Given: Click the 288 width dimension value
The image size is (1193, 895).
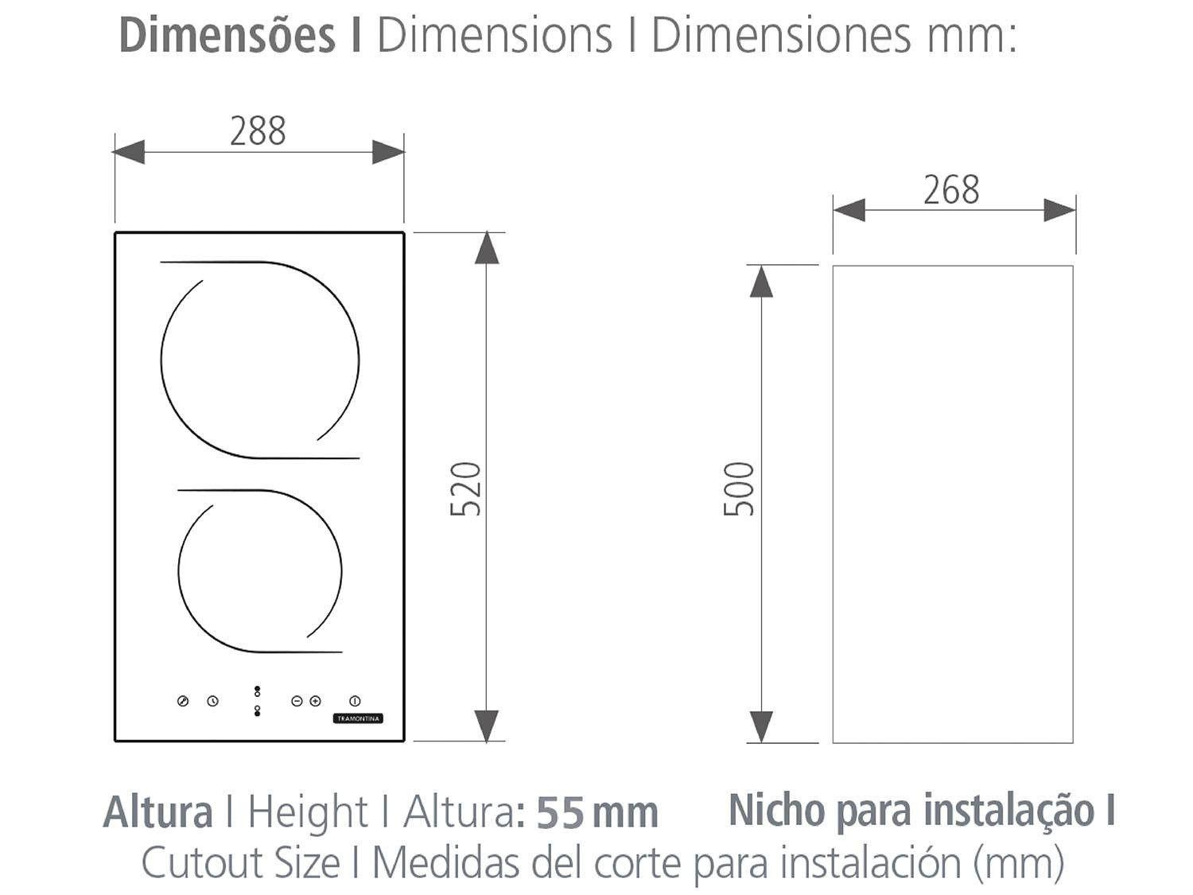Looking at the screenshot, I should [x=258, y=131].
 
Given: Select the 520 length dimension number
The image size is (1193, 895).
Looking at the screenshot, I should [x=466, y=488].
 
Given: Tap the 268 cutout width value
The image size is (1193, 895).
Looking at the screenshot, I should [x=951, y=190].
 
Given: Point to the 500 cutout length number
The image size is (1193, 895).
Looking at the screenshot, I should [x=740, y=488].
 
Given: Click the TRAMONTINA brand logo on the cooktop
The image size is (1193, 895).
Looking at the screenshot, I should [x=358, y=718].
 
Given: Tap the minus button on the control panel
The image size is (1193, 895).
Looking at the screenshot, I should [x=297, y=701].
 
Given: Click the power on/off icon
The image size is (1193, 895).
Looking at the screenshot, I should [x=355, y=701].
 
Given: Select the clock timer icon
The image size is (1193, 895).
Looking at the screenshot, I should [x=212, y=701].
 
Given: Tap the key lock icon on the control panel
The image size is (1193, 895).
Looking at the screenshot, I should [x=183, y=701].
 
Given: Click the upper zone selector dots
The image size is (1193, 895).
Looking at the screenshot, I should [x=257, y=691].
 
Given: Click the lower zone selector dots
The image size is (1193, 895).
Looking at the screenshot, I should [x=257, y=710].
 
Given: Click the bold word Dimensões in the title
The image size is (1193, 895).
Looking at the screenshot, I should [x=227, y=36].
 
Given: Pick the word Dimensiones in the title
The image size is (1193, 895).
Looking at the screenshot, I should [x=780, y=36].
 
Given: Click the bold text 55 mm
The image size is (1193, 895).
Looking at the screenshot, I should [x=597, y=813].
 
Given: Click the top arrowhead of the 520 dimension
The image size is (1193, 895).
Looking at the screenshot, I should [x=487, y=247].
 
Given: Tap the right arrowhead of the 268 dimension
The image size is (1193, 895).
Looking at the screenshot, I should [x=1059, y=210].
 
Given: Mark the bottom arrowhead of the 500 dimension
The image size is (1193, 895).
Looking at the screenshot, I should [x=761, y=726].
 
